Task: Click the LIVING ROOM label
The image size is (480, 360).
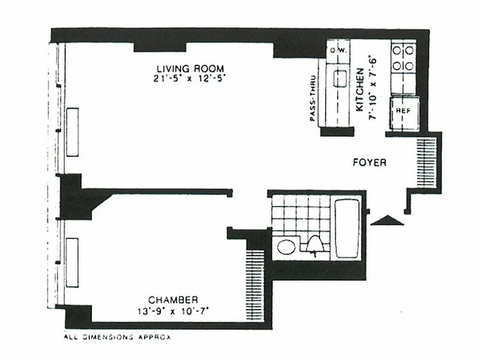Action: pyautogui.click(x=190, y=69)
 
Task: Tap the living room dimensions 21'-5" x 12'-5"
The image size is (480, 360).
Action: pyautogui.click(x=189, y=78)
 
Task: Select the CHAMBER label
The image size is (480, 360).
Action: pyautogui.click(x=173, y=300)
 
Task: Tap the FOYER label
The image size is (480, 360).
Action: pyautogui.click(x=369, y=162)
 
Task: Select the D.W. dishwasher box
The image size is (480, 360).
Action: pyautogui.click(x=338, y=50)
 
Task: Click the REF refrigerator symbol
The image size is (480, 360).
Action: pyautogui.click(x=403, y=111)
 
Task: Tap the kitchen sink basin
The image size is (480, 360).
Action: pyautogui.click(x=340, y=79)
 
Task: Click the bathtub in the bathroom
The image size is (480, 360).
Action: pyautogui.click(x=347, y=229)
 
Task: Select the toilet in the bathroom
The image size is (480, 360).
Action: pyautogui.click(x=315, y=244)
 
